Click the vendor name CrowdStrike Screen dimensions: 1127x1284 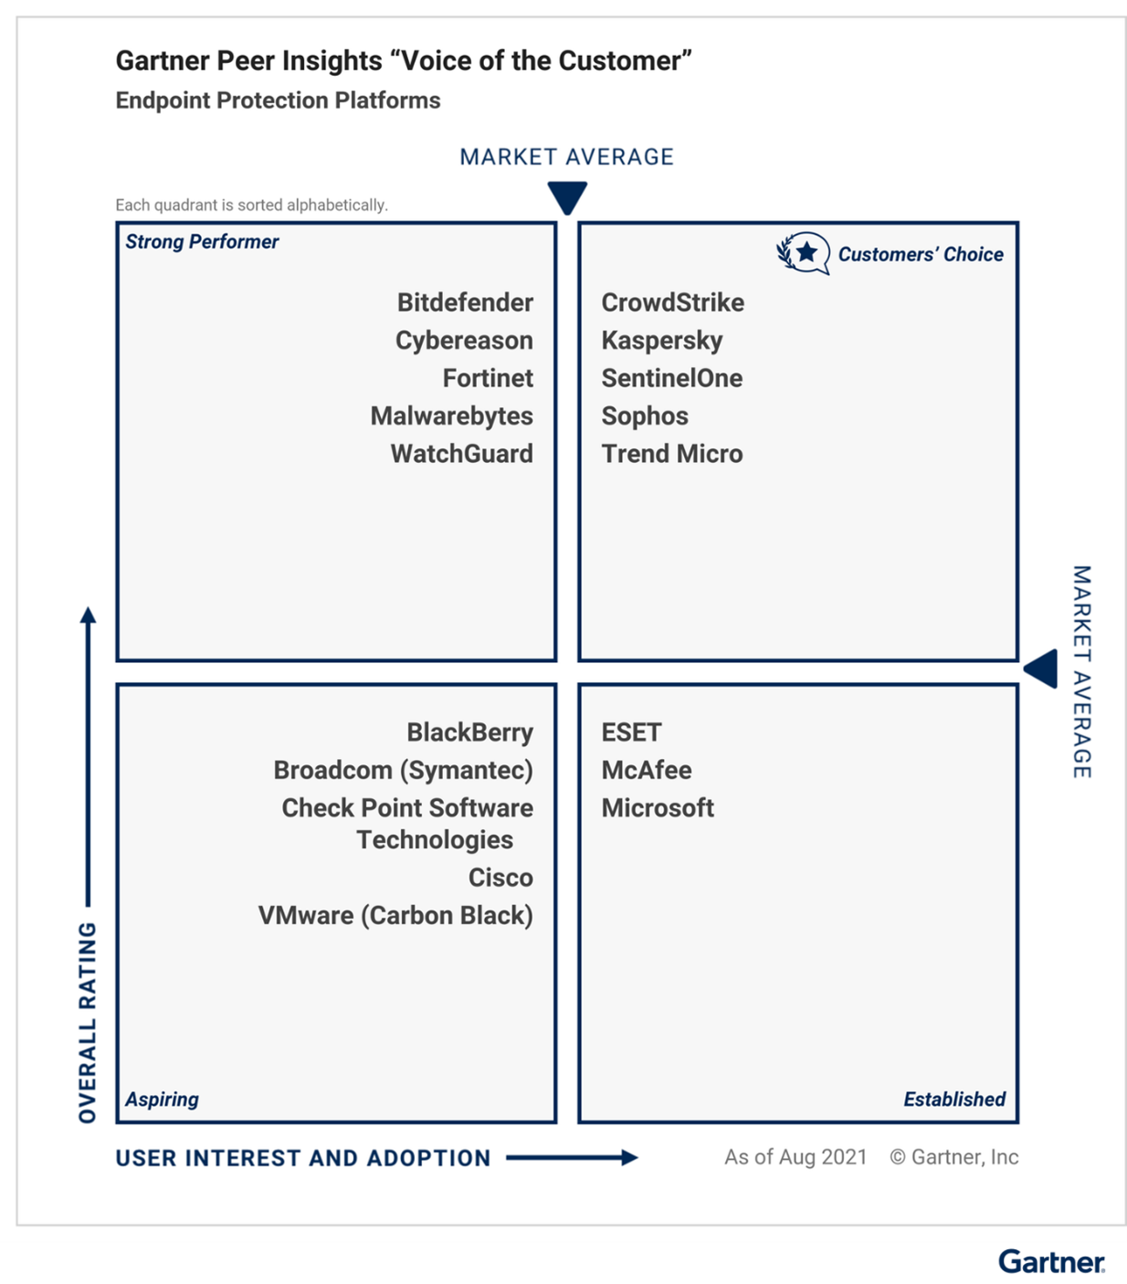pos(672,302)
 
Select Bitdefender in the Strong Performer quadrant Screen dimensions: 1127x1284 pos(465,302)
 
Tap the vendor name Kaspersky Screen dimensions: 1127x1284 pos(662,341)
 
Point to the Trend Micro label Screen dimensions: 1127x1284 pos(672,454)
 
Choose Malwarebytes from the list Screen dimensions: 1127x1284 pos(451,416)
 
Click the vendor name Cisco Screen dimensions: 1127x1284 pos(500,878)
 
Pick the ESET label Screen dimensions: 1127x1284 pos(631,732)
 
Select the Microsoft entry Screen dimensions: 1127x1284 pos(658,807)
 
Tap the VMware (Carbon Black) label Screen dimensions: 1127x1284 pos(395,916)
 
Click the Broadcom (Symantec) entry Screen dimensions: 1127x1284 pos(403,771)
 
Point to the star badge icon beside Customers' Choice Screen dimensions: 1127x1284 pos(803,253)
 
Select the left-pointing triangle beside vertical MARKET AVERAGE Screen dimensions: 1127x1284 pos(1041,668)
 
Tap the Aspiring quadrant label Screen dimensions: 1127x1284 pos(162,1100)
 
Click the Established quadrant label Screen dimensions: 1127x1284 pos(954,1099)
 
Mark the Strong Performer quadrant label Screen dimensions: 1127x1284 pos(202,241)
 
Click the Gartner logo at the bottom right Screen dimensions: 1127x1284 pos(1051,1261)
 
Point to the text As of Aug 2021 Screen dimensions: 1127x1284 pos(795,1157)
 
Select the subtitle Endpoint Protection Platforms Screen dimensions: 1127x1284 pos(278,100)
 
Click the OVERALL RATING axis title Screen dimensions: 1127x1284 pos(88,1023)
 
